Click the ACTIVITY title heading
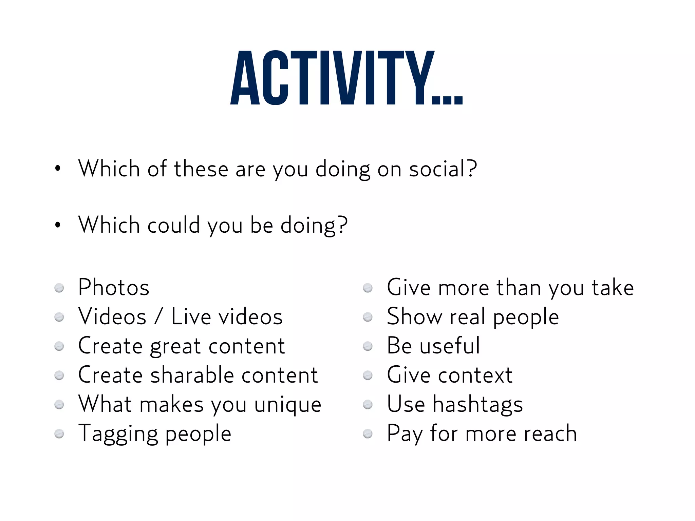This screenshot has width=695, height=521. (x=346, y=78)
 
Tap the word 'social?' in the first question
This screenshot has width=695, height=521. (x=443, y=169)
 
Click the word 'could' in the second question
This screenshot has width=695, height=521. (x=173, y=225)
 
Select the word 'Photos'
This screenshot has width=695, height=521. (x=114, y=288)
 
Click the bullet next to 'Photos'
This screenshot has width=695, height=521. (x=59, y=288)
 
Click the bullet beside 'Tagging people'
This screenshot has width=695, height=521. (x=59, y=434)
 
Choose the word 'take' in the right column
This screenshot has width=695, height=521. (x=613, y=288)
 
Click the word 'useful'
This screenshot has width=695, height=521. (x=450, y=346)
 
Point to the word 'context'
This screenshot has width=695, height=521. (x=475, y=375)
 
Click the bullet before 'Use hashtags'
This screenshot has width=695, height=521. (x=368, y=405)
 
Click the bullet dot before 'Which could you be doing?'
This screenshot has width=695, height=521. (x=58, y=225)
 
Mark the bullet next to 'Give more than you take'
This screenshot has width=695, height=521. (x=368, y=288)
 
